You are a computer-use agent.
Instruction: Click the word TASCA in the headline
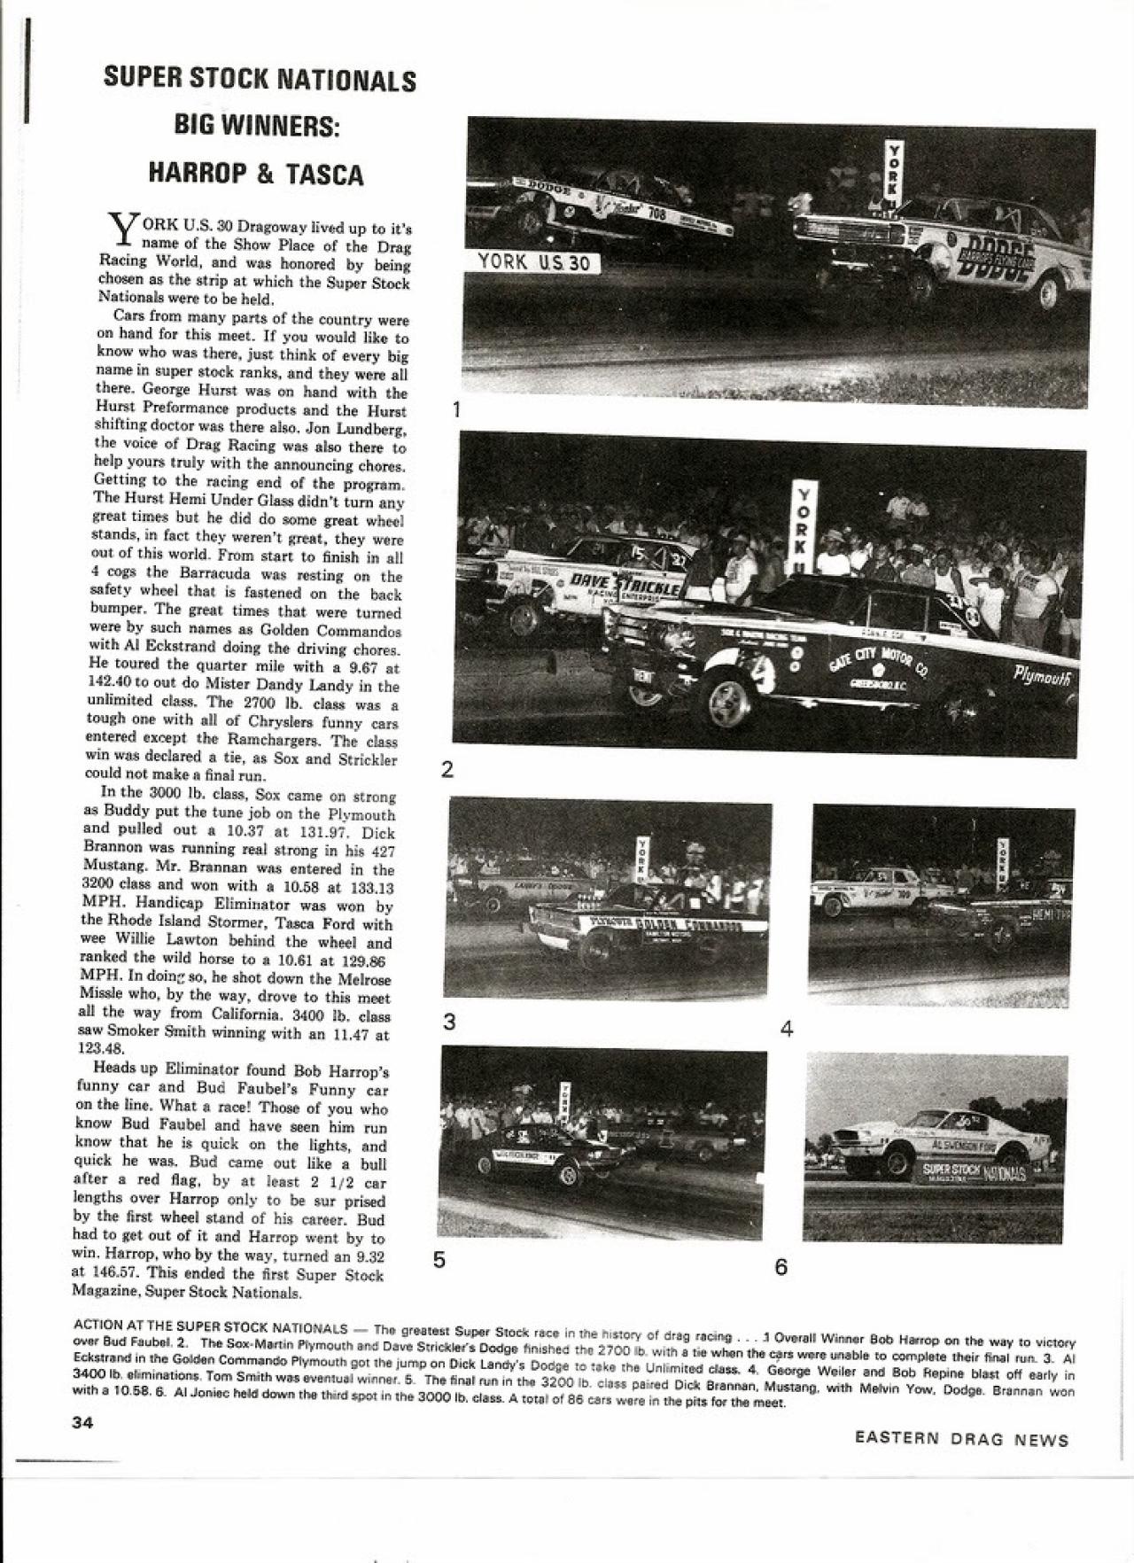pos(324,174)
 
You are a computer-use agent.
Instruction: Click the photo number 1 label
pos(456,408)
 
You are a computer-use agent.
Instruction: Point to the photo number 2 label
pos(447,769)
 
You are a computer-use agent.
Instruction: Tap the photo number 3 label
pos(449,1022)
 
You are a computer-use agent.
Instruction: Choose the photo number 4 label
pos(787,1029)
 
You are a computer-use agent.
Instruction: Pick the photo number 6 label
pos(781,1267)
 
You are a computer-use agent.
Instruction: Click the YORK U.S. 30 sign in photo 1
pos(534,261)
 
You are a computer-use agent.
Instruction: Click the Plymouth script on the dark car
pos(1043,678)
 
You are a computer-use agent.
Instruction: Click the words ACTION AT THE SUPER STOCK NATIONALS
pos(210,1327)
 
